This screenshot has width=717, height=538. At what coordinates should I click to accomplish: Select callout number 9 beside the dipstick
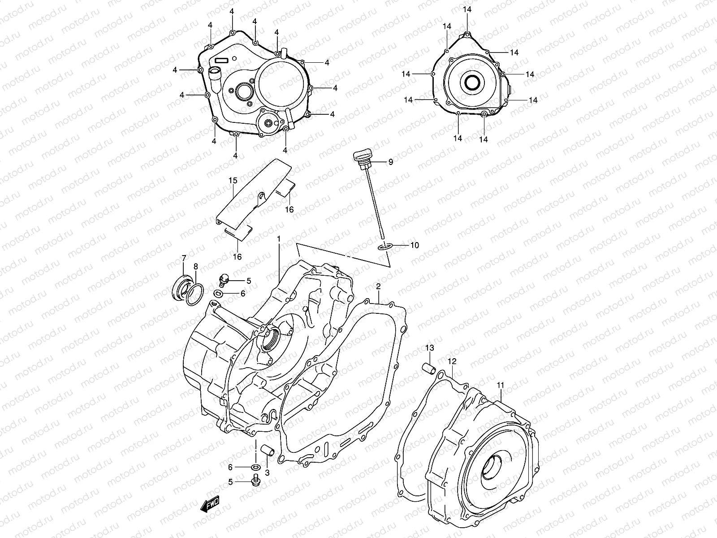coord(390,162)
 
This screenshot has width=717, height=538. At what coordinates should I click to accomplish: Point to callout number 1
coord(278,240)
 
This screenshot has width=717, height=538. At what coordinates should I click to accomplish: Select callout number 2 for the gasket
coord(378,286)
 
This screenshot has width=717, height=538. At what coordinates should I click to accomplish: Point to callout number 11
coord(501,385)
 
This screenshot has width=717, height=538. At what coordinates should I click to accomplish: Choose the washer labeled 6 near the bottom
coord(256,468)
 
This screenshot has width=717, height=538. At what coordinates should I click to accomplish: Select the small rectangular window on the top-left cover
coord(222,60)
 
